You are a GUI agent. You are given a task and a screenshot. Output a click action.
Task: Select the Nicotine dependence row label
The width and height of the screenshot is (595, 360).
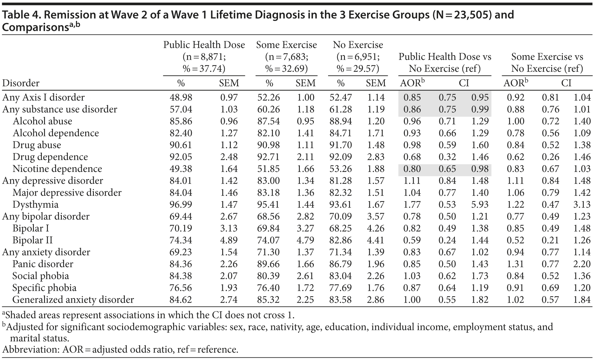57,169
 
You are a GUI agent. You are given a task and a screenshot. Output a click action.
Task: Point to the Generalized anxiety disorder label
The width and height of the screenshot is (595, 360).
73,300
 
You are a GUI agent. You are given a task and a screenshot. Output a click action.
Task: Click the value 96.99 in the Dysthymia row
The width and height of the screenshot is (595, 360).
181,205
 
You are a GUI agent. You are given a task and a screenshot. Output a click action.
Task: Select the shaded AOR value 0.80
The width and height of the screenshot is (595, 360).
412,169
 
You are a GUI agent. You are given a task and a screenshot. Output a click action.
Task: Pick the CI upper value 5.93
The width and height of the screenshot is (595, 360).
480,205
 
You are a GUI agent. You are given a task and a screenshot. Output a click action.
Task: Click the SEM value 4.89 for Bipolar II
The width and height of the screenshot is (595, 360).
229,240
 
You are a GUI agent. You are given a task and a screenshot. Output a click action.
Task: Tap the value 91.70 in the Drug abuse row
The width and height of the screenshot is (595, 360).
340,145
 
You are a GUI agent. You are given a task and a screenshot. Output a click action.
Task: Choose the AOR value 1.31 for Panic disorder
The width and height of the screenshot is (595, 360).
515,264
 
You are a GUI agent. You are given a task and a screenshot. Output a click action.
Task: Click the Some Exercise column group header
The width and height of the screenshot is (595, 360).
286,45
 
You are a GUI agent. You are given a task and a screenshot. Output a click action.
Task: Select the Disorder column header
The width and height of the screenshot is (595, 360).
21,83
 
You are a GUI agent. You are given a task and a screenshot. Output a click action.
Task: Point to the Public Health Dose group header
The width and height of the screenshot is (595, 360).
204,45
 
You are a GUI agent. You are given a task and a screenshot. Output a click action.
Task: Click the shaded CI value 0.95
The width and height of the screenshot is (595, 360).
480,97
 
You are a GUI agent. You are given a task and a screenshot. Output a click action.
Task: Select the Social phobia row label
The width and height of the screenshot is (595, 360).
41,276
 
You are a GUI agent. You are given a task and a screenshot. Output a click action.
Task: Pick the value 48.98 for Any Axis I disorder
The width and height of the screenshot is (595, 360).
181,97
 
